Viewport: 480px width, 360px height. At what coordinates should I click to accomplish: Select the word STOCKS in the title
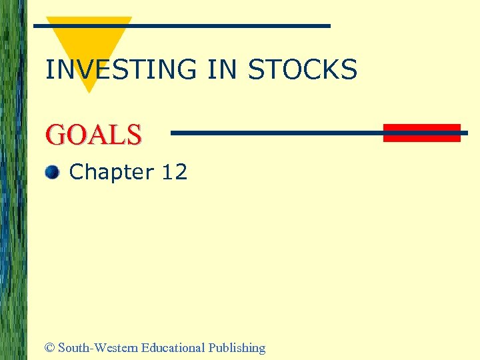(303, 70)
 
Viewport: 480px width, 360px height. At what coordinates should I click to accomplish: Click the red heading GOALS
(93, 135)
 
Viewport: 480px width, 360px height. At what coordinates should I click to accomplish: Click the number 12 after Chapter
(175, 173)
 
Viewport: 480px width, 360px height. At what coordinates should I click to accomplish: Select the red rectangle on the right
(421, 133)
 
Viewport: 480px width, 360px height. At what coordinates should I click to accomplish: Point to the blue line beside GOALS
(277, 133)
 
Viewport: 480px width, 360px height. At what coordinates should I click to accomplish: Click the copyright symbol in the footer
(49, 348)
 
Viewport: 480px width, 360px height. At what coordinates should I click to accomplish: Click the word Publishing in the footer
(237, 348)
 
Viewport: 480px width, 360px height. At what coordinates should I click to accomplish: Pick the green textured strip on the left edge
(13, 180)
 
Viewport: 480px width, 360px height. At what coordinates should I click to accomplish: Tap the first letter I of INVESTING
(48, 70)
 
